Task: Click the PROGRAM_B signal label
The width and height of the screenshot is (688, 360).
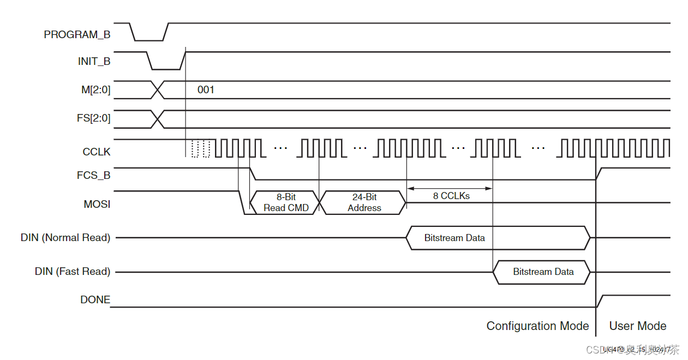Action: [77, 35]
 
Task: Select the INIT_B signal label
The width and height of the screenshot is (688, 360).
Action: [94, 62]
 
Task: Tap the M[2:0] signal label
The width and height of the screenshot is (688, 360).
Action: [95, 90]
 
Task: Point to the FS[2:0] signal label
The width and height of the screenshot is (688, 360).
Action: [94, 118]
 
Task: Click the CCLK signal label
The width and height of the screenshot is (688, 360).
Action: [96, 152]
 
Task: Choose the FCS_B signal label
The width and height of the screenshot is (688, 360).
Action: [93, 176]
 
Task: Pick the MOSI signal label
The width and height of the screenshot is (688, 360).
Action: [97, 205]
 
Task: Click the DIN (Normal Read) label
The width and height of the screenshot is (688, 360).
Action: [65, 238]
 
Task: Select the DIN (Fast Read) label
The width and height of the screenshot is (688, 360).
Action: [73, 272]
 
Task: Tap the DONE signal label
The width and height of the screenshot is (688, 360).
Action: [95, 300]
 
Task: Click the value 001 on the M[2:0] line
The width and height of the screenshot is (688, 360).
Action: [206, 90]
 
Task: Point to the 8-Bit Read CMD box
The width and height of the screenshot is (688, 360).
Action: [285, 202]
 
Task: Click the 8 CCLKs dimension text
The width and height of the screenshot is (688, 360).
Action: [451, 196]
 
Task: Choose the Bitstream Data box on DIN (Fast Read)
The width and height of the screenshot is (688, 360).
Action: [542, 272]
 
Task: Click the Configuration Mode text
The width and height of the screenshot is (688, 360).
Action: [537, 326]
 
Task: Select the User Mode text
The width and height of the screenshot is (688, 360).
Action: [637, 326]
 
